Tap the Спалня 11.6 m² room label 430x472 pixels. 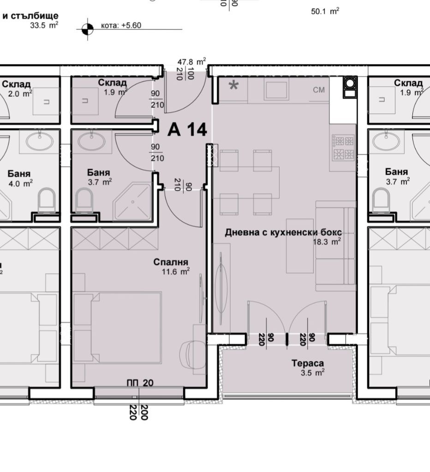click(172, 266)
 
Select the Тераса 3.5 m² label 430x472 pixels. click(308, 367)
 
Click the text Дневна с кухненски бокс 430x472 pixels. click(283, 233)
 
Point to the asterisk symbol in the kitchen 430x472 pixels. click(234, 86)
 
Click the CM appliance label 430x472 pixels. click(319, 90)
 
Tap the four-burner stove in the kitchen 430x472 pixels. click(343, 147)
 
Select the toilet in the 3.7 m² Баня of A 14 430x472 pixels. click(84, 201)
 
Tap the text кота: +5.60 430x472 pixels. click(121, 26)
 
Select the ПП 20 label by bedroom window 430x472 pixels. click(140, 383)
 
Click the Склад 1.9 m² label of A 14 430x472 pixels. click(112, 87)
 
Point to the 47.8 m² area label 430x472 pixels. click(192, 62)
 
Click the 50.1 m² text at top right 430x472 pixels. click(325, 12)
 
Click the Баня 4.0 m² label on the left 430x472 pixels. click(19, 178)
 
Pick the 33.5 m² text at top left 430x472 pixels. click(44, 25)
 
